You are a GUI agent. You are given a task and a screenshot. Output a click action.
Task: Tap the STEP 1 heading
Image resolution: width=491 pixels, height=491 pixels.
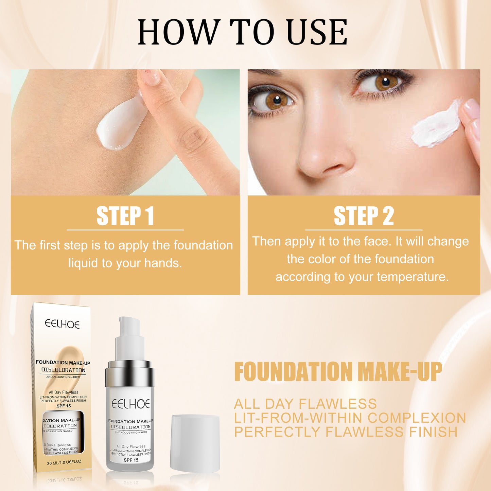[x=125, y=216]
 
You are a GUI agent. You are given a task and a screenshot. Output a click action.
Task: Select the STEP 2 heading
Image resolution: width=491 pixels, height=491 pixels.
[x=364, y=216]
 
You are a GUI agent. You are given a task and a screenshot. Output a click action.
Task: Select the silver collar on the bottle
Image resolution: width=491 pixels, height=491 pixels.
[x=130, y=374]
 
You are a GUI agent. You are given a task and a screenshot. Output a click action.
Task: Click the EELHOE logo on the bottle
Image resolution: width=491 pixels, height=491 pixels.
[x=131, y=404]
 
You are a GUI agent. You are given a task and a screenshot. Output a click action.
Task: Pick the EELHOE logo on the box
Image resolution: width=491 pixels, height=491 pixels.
[x=62, y=324]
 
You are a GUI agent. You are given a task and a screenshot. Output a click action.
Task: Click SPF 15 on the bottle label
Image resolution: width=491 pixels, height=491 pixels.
[x=131, y=460]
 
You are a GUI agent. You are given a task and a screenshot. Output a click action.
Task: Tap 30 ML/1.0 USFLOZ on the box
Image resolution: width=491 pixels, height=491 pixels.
[x=64, y=463]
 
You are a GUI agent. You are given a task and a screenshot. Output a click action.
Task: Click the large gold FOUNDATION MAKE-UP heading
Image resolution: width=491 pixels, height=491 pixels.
[x=338, y=372]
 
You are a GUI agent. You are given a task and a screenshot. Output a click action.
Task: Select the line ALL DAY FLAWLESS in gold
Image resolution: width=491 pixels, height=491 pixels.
[x=305, y=404]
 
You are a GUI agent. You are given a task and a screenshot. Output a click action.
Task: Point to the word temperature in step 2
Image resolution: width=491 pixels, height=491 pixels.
[x=413, y=277]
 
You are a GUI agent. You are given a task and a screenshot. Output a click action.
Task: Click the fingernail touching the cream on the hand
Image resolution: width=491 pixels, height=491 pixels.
[x=150, y=77]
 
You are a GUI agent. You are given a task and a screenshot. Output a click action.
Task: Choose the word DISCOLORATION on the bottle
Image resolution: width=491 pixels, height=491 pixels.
[x=130, y=427]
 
